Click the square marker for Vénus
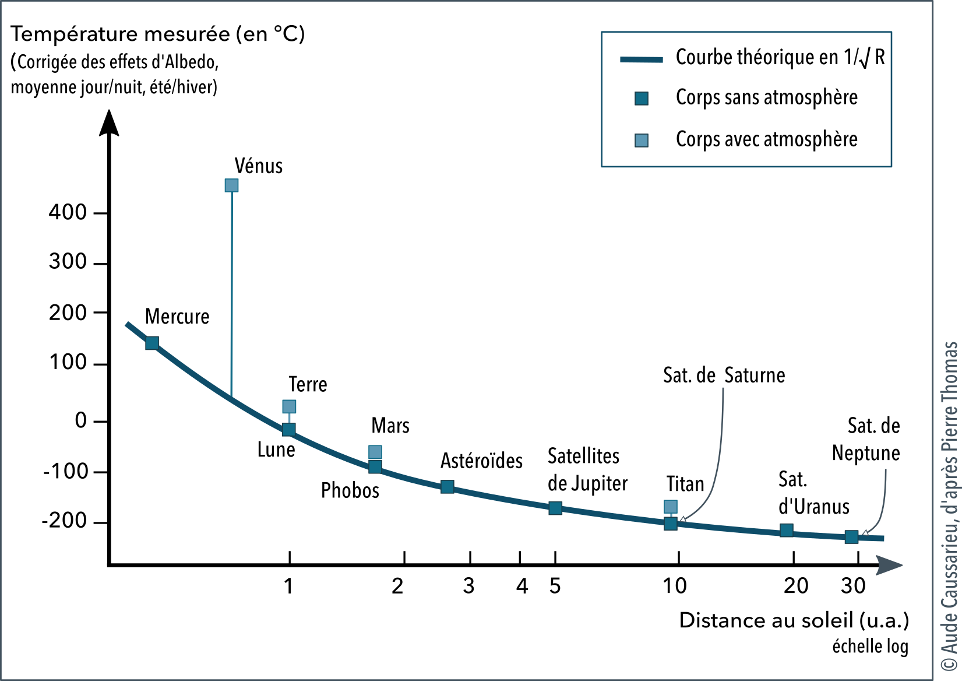(x=231, y=185)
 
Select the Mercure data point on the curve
(x=152, y=343)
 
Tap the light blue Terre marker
(x=289, y=406)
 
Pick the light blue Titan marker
(x=671, y=507)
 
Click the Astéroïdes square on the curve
(x=447, y=486)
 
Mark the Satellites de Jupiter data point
(x=555, y=508)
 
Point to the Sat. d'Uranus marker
(x=786, y=531)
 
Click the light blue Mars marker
(x=375, y=452)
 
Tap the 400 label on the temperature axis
(x=68, y=212)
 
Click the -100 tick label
(x=65, y=471)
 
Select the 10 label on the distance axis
(x=675, y=586)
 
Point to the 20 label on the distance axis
(x=796, y=586)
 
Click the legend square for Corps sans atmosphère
(x=642, y=99)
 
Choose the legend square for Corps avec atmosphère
(x=642, y=141)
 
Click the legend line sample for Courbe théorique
(x=642, y=59)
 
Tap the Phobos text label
(x=350, y=491)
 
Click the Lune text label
(x=276, y=450)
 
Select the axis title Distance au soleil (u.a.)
(x=794, y=620)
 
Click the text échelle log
(x=870, y=646)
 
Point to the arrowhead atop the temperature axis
(x=109, y=122)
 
